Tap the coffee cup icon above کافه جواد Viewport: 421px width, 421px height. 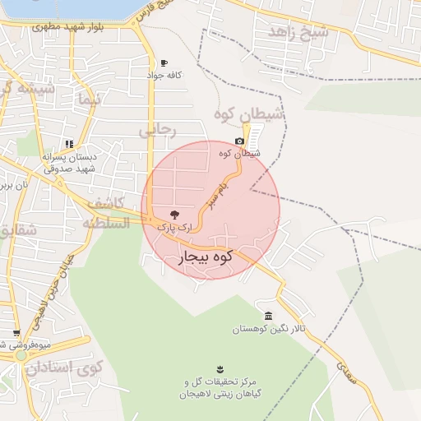[164, 63]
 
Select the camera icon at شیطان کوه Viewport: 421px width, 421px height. [239, 141]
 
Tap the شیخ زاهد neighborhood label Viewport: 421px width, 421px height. [298, 32]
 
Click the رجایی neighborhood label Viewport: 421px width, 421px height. [157, 129]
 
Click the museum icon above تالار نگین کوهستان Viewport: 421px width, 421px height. [269, 317]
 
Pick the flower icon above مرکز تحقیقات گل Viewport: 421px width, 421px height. [219, 369]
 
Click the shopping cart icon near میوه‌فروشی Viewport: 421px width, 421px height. [16, 333]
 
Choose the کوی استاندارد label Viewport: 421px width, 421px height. [63, 367]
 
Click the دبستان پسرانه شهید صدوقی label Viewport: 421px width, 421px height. [69, 162]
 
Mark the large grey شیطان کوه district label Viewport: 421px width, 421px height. [250, 114]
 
